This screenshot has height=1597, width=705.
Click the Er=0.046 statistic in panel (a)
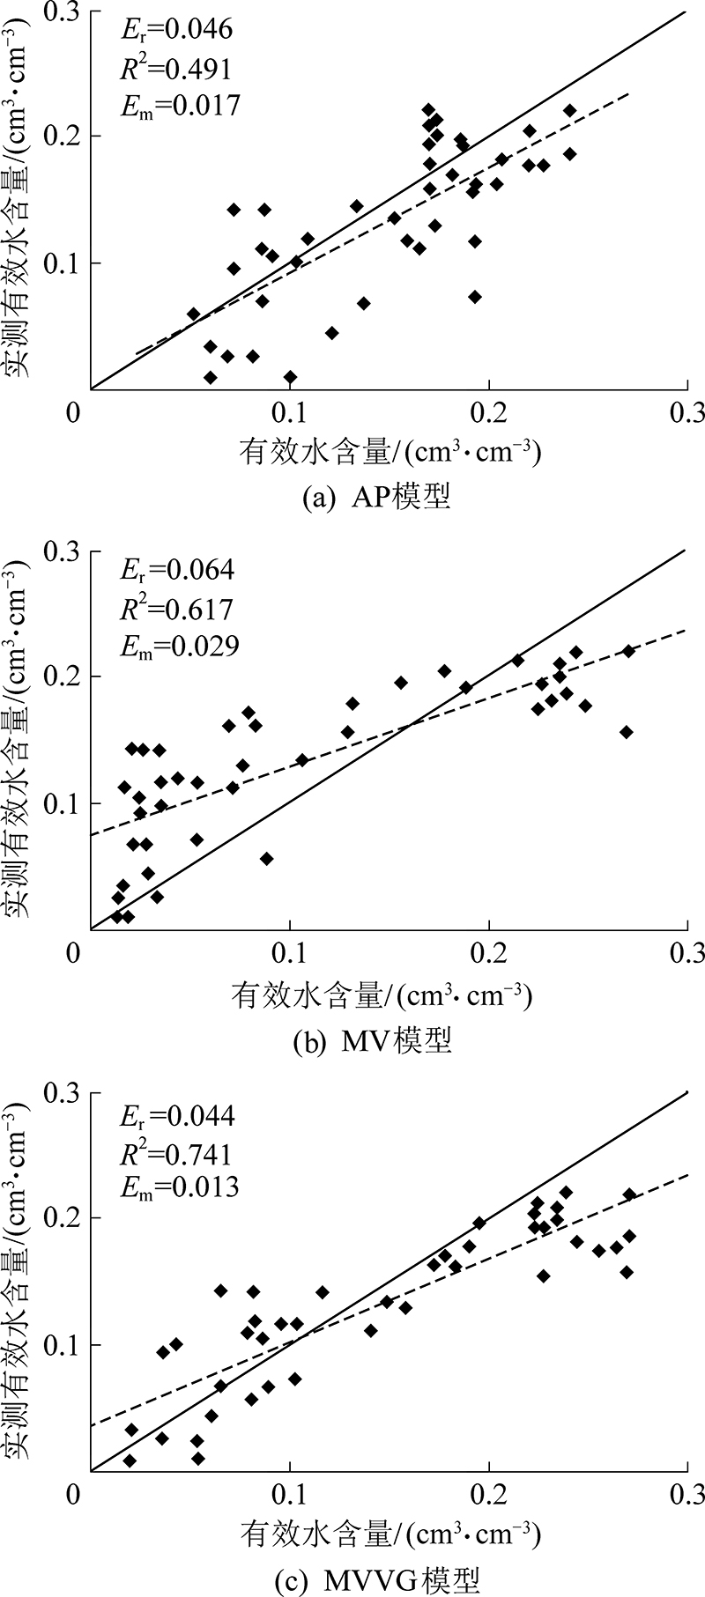coord(176,30)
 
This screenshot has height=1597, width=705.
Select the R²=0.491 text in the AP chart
coord(176,68)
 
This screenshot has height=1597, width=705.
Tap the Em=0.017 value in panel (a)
coord(179,106)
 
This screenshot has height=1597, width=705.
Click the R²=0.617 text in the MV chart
coord(176,608)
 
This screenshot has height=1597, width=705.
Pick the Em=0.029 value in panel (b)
coord(179,646)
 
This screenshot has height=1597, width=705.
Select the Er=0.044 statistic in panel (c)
coord(176,1116)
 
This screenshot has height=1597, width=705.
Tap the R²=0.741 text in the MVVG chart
coord(176,1154)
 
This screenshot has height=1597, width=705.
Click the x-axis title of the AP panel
coord(388,453)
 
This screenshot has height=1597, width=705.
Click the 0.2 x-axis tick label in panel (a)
coord(488,412)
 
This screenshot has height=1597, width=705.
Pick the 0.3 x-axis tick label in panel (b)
coord(687,953)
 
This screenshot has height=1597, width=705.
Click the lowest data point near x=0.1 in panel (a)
coord(290,377)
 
